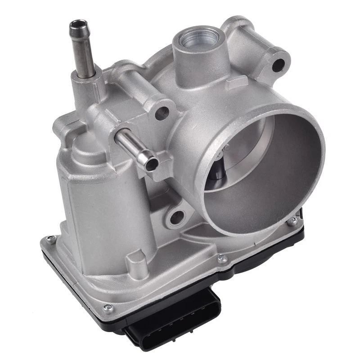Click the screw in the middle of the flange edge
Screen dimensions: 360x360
[x=221, y=259]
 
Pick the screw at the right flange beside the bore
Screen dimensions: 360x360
[x=292, y=221]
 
